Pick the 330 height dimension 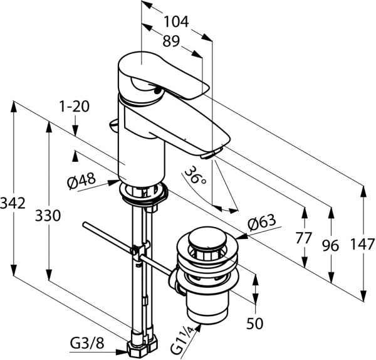coord(48,216)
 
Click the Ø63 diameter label coord(262,223)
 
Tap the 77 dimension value coord(304,238)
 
